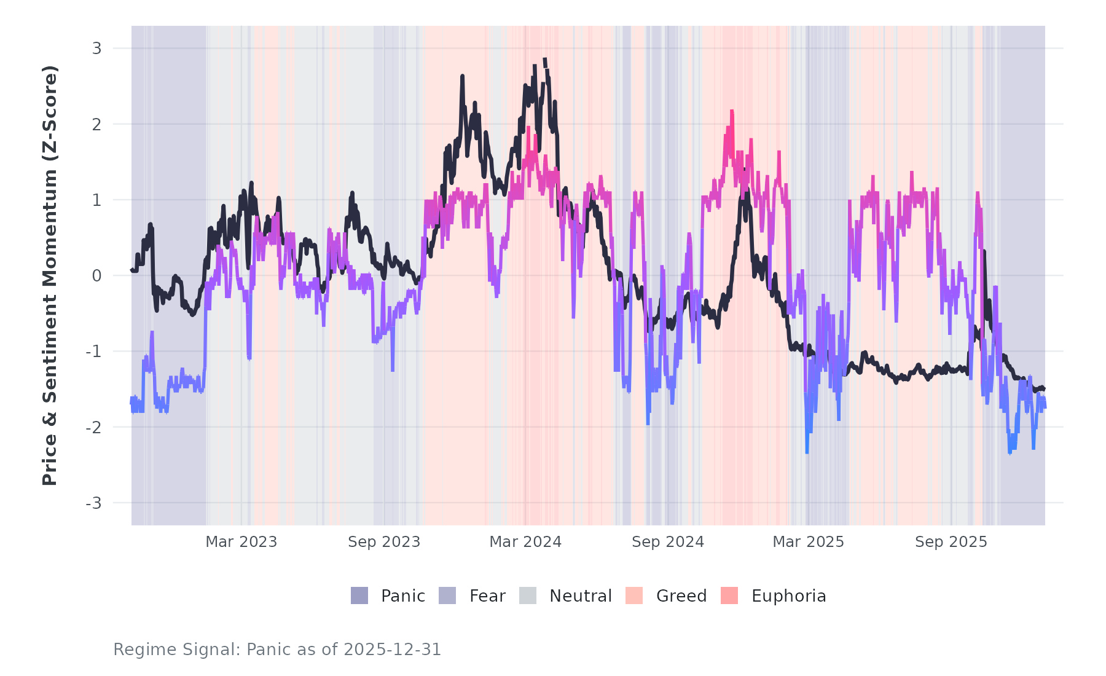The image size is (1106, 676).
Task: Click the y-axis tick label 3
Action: (x=96, y=49)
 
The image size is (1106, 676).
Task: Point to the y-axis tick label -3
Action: (x=93, y=503)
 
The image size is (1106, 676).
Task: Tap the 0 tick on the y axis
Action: (x=96, y=276)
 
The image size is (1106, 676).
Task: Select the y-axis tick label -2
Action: (x=93, y=428)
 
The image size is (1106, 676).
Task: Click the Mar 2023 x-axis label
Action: (x=241, y=542)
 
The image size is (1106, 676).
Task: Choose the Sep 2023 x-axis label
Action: (x=384, y=542)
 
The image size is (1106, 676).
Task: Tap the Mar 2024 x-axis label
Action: (x=525, y=542)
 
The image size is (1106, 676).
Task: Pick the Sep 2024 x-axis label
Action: (x=668, y=542)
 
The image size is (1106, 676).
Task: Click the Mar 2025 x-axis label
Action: (x=808, y=542)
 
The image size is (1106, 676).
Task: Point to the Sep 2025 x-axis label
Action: (x=951, y=542)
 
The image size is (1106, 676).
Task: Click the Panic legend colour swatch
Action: (x=359, y=595)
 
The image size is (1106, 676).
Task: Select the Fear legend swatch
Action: (x=447, y=595)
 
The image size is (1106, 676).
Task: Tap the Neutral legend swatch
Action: (x=528, y=595)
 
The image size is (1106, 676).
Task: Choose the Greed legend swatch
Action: (x=634, y=595)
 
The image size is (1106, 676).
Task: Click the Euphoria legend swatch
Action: (x=729, y=595)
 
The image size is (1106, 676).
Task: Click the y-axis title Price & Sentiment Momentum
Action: (x=50, y=275)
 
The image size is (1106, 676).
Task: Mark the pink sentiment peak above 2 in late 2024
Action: (x=732, y=111)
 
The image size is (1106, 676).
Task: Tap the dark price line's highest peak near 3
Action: (x=544, y=60)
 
